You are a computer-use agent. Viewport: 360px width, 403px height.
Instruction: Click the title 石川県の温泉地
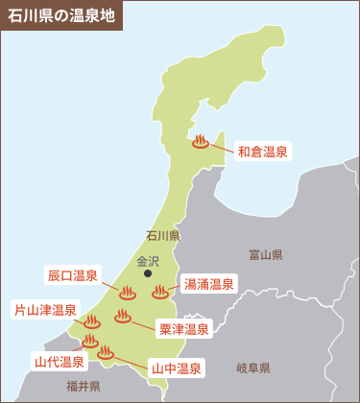pyautogui.click(x=60, y=15)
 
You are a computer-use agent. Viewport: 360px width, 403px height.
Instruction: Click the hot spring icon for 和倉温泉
pyautogui.click(x=200, y=141)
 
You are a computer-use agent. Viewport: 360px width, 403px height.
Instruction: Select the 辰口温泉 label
pyautogui.click(x=73, y=275)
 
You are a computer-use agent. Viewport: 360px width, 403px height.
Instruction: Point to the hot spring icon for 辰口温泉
pyautogui.click(x=127, y=291)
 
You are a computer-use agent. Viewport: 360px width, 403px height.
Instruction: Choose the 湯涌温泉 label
pyautogui.click(x=207, y=284)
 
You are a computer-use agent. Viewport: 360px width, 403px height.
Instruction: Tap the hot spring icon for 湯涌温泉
pyautogui.click(x=159, y=290)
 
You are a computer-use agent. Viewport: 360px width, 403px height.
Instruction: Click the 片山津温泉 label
pyautogui.click(x=44, y=310)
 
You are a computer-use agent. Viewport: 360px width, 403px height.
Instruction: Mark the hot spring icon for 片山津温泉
pyautogui.click(x=92, y=321)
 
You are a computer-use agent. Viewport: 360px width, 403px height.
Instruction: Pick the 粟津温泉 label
pyautogui.click(x=182, y=329)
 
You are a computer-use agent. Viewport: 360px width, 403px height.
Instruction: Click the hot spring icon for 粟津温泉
pyautogui.click(x=123, y=316)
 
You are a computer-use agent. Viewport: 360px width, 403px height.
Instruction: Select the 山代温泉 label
pyautogui.click(x=59, y=362)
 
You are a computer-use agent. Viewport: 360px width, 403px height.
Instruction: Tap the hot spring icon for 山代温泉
pyautogui.click(x=89, y=341)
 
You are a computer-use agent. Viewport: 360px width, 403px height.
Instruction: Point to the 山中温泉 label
pyautogui.click(x=175, y=367)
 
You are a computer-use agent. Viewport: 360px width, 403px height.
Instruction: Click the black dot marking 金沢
pyautogui.click(x=148, y=273)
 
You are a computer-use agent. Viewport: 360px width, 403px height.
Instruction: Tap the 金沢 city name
pyautogui.click(x=148, y=260)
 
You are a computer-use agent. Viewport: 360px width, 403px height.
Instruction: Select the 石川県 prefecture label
pyautogui.click(x=163, y=235)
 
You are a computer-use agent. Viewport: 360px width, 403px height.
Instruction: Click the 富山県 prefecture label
pyautogui.click(x=265, y=254)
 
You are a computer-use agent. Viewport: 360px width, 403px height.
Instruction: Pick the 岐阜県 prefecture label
pyautogui.click(x=253, y=367)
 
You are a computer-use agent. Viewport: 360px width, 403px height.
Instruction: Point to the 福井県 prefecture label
pyautogui.click(x=84, y=386)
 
